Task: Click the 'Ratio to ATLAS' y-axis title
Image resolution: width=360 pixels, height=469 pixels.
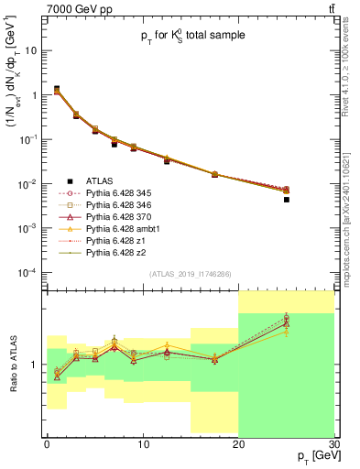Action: coord(12,364)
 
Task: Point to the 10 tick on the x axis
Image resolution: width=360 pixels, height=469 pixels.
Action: coord(143,444)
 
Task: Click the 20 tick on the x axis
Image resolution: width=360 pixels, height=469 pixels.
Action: coord(238,444)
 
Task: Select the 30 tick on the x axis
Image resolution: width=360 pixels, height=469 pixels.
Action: coord(333,444)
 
